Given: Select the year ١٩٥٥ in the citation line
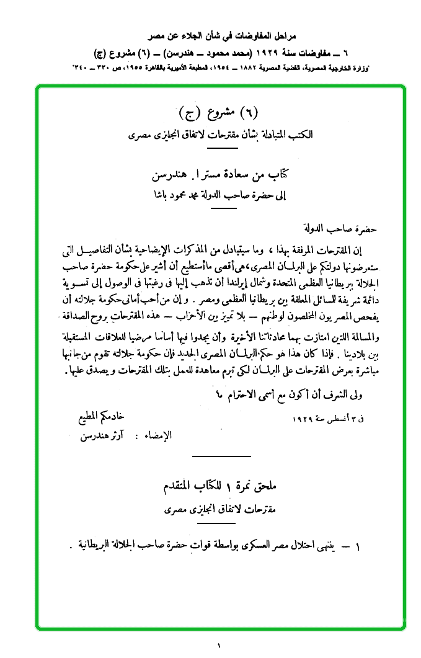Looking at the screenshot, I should click(x=136, y=66).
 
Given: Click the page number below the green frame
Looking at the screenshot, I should click(x=219, y=645).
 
